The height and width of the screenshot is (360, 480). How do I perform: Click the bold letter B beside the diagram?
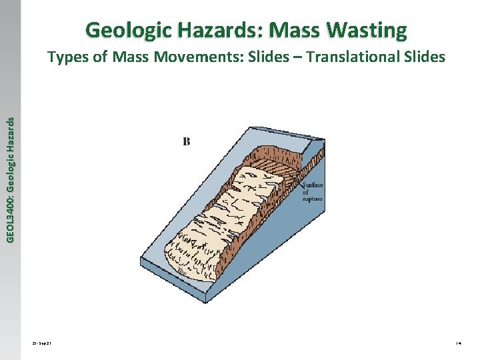pyautogui.click(x=187, y=141)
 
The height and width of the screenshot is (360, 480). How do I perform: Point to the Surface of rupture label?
pyautogui.click(x=313, y=192)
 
